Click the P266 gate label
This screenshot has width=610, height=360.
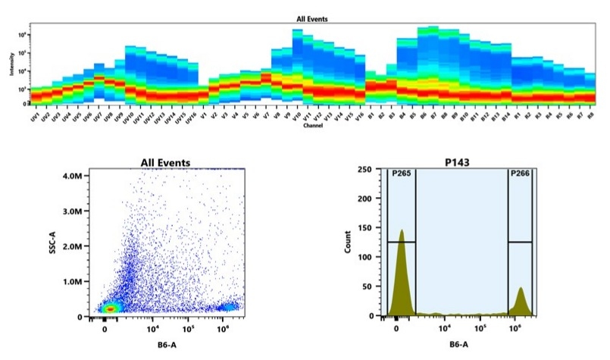coord(519,174)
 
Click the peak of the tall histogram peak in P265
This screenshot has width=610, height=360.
coord(401,230)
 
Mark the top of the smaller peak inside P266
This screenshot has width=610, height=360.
coord(521,288)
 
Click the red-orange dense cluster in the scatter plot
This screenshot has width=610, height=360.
coord(111,308)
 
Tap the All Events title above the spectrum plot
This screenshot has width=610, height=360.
coord(312,17)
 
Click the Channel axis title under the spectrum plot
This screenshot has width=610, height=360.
coord(312,126)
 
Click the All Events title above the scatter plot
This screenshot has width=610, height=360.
coord(165,162)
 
